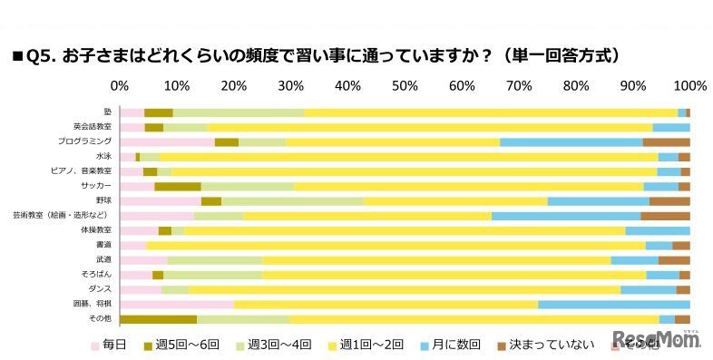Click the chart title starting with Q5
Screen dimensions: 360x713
pos(317,55)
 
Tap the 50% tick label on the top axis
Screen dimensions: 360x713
pos(405,86)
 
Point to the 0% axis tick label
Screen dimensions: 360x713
pos(119,86)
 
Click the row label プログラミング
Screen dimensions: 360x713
pos(91,142)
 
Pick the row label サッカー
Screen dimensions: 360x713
pos(97,187)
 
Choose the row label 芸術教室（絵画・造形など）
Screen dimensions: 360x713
pos(62,216)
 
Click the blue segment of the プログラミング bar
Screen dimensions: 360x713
pos(571,142)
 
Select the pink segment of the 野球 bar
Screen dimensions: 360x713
pos(160,201)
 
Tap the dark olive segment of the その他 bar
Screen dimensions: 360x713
pos(158,319)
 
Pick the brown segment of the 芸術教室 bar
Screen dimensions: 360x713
pos(665,216)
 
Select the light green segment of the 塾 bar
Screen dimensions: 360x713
pos(238,112)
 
